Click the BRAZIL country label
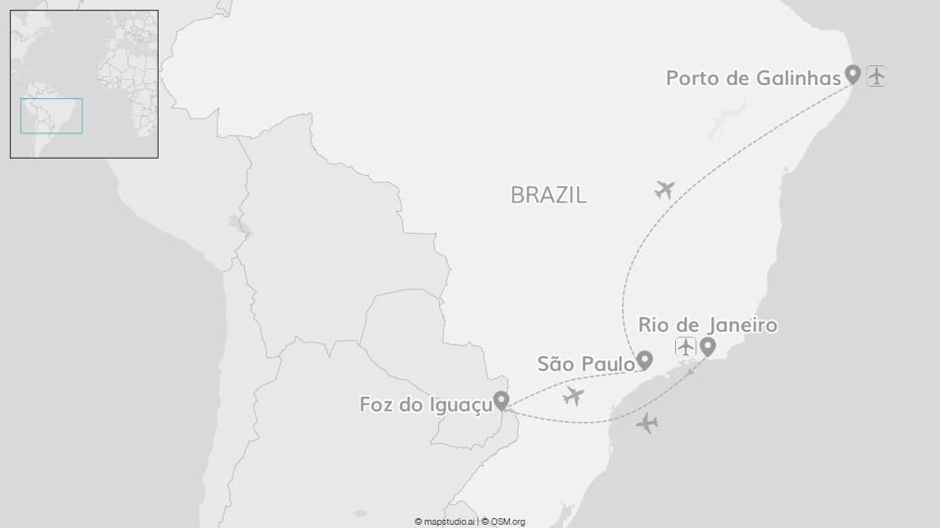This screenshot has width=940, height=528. pos(548,195)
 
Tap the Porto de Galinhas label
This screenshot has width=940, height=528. pos(753,78)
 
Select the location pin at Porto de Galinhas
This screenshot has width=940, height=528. pos(853,74)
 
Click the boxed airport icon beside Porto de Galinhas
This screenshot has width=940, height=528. pos(876,76)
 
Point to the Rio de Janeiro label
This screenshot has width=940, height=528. pos(707,325)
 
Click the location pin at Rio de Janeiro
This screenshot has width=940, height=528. pos(708,347)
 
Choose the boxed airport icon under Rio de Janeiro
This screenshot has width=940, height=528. pos(685,347)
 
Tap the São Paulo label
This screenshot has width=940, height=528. pos(585,364)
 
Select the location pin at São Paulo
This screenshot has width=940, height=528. pos(645,359)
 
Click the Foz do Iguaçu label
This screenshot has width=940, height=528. pos(425,405)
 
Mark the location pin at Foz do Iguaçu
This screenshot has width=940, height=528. pos(501,400)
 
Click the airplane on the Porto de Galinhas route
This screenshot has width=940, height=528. pos(665,190)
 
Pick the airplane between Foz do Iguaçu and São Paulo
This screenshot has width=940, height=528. pos(574,396)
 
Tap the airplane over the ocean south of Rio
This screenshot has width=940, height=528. pos(647,423)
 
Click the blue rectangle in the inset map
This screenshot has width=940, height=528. pos(51,115)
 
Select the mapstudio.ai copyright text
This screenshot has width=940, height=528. pos(445,521)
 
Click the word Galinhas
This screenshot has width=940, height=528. pos(805,78)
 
